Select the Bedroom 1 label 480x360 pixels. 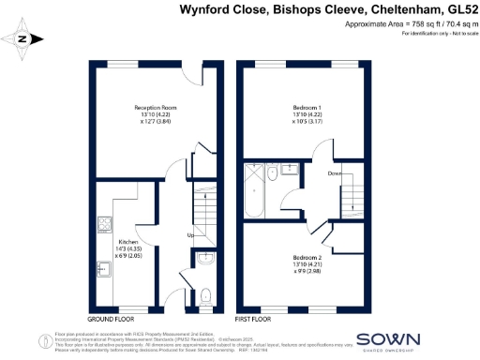tap(304, 108)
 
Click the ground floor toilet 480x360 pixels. tap(206, 296)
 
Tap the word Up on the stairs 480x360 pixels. tap(190, 234)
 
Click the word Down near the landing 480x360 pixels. tap(335, 173)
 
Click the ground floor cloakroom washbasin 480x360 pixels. tap(206, 258)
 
